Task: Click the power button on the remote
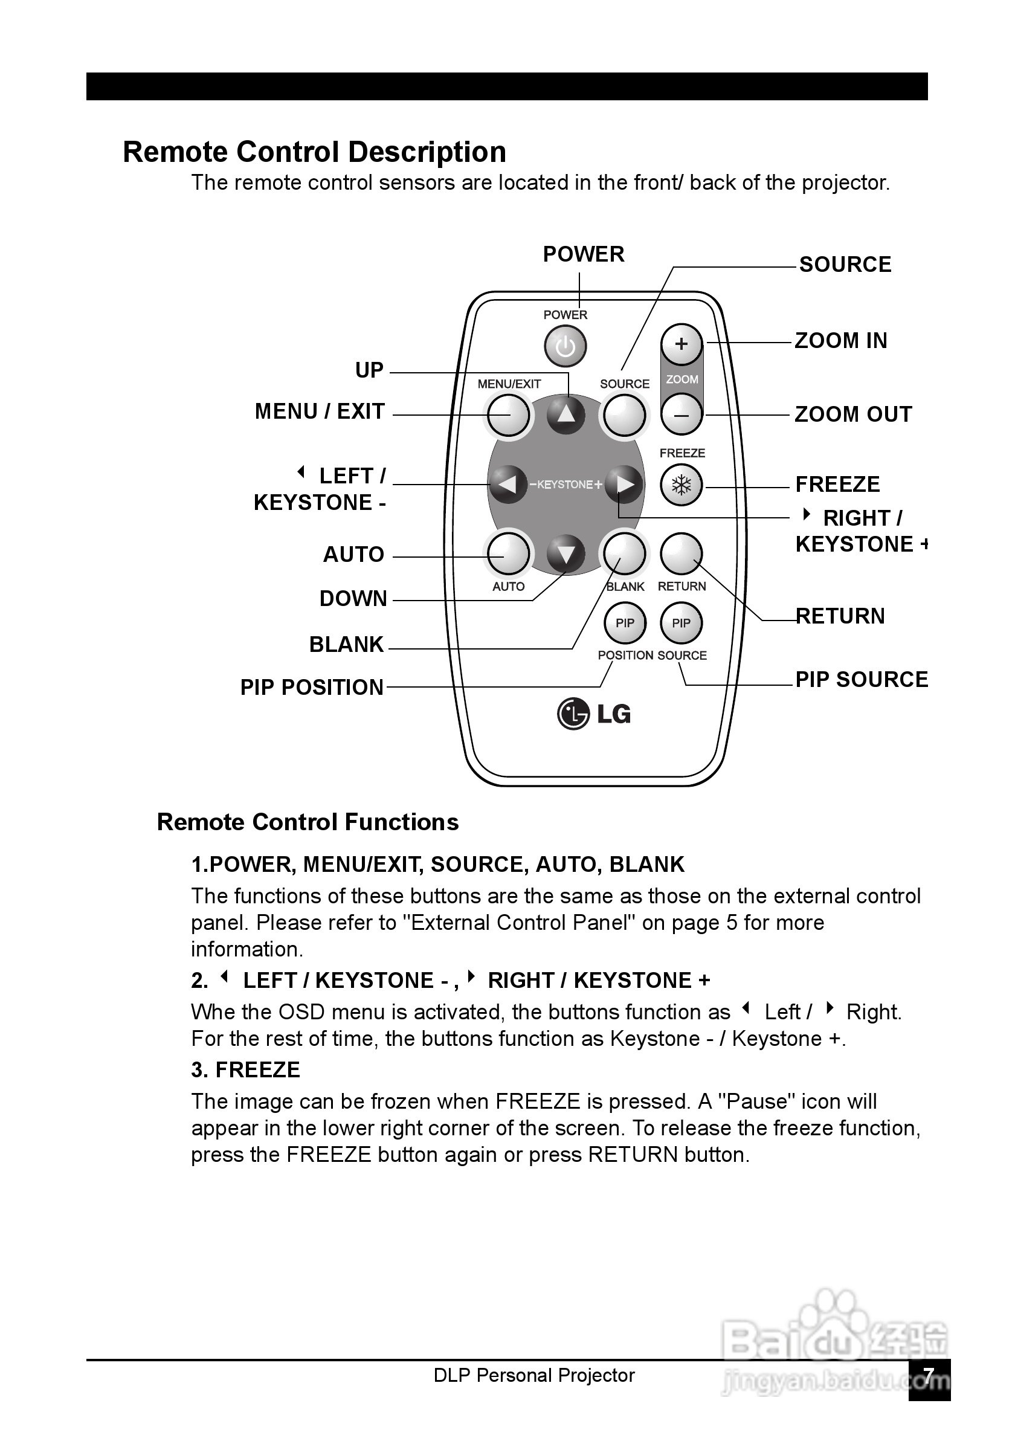(565, 346)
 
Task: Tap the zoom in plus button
(681, 344)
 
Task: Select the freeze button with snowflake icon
(681, 485)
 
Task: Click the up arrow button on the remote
(566, 415)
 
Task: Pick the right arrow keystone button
(624, 484)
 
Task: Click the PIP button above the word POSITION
(625, 623)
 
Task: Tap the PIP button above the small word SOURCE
(681, 623)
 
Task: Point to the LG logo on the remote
(594, 714)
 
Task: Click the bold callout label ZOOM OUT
(853, 414)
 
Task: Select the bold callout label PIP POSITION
(312, 688)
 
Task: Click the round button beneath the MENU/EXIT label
(509, 415)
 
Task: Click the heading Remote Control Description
(314, 152)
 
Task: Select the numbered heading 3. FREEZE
(245, 1069)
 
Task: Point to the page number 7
(929, 1376)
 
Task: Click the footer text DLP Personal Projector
(534, 1375)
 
